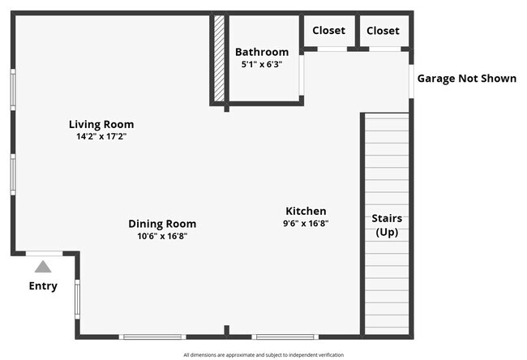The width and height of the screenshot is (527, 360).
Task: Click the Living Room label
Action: pos(101,124)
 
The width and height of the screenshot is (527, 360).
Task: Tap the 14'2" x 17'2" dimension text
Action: pos(101,137)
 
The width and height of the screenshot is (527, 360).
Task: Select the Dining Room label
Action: pos(162,224)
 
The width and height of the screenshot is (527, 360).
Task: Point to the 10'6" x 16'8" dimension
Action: pos(162,237)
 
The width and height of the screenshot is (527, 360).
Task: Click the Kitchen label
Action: pos(306,211)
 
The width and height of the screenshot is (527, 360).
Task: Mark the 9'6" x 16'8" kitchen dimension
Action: pos(306,224)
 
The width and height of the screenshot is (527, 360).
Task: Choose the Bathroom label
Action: pos(262,52)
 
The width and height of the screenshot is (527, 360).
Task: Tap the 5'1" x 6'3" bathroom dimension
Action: pos(262,64)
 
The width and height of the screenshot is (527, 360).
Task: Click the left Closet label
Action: pos(328,31)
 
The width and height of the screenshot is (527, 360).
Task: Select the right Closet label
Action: pos(383,31)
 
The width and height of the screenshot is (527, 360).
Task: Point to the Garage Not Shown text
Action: pos(466,79)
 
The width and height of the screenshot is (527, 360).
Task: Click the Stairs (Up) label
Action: pos(387,225)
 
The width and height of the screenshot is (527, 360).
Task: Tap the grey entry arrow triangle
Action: pos(43,265)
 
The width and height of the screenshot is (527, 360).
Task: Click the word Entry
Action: pos(43,286)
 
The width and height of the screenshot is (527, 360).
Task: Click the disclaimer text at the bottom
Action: pos(263,354)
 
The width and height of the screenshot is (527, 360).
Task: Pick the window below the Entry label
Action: pos(77,298)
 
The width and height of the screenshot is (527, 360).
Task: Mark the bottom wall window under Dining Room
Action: pos(152,336)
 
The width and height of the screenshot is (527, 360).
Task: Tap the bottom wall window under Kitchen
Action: pos(285,336)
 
